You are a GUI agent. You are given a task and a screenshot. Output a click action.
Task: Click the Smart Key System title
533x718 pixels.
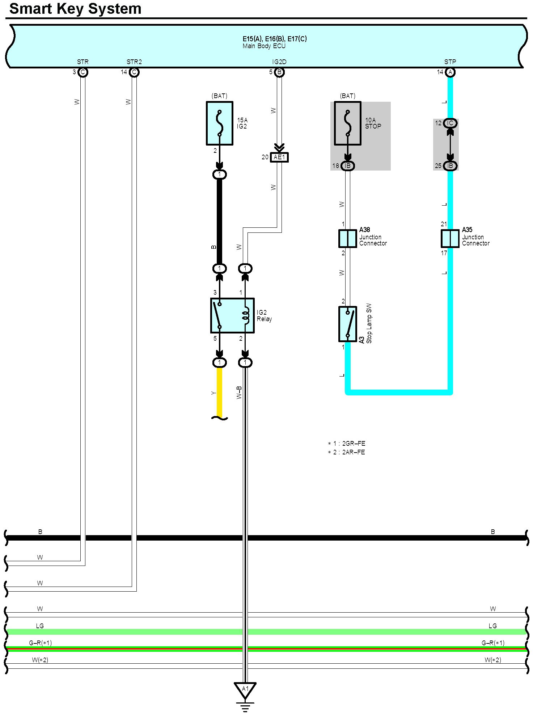coord(75,9)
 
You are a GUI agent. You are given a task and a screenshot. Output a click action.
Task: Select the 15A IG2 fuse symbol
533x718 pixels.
coord(219,123)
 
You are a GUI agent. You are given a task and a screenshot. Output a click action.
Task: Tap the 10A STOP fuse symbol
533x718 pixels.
coord(347,123)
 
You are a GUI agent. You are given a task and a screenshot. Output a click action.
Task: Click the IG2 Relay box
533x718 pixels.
coord(232,315)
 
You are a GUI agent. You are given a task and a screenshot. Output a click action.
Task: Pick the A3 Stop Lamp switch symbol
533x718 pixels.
coord(347,324)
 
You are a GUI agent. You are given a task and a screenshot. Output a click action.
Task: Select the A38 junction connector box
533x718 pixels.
coord(347,238)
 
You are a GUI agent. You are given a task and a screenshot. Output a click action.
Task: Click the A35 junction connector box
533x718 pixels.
coord(450,238)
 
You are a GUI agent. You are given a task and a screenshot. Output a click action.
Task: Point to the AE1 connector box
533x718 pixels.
coord(279,158)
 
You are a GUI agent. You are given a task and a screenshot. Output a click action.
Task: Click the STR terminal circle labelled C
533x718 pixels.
coord(83,72)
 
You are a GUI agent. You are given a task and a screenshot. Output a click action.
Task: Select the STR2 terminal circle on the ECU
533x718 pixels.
coord(134,72)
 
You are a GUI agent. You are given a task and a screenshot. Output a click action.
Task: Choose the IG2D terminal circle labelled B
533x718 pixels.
coord(279,72)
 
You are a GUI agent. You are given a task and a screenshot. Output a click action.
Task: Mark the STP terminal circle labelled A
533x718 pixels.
coord(450,72)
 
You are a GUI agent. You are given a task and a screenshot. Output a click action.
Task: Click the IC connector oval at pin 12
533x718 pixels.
coord(450,123)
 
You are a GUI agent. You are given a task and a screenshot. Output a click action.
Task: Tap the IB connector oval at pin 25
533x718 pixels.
coord(450,166)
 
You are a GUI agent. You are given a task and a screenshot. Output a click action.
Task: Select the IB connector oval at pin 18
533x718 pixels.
coord(347,166)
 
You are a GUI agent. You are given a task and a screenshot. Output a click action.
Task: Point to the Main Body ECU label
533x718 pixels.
coord(264,46)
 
